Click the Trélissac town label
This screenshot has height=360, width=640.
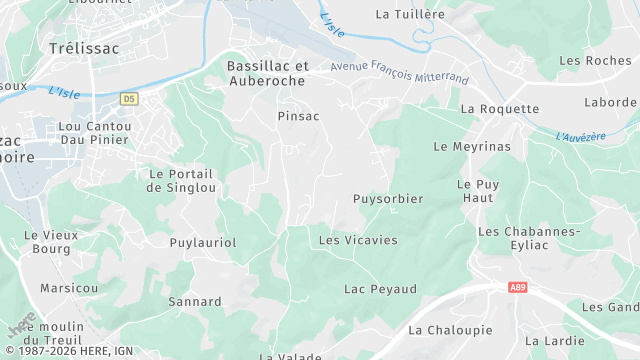click(x=82, y=47)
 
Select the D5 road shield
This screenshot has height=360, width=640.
click(x=128, y=99)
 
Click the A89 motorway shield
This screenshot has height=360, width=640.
click(x=517, y=288)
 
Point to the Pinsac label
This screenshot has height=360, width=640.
click(x=298, y=116)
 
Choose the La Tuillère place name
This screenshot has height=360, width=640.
click(x=409, y=14)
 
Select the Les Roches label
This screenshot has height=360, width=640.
click(x=595, y=61)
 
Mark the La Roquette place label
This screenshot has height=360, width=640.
click(x=499, y=108)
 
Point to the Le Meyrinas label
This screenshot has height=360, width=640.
click(x=472, y=146)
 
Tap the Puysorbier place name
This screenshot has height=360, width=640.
click(x=388, y=199)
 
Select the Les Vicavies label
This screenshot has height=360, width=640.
click(x=357, y=240)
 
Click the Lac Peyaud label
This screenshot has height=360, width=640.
click(x=380, y=289)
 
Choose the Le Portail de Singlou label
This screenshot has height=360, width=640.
click(x=181, y=180)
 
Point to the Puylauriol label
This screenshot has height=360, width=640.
click(x=203, y=242)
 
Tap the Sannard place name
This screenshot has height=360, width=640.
click(x=195, y=301)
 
